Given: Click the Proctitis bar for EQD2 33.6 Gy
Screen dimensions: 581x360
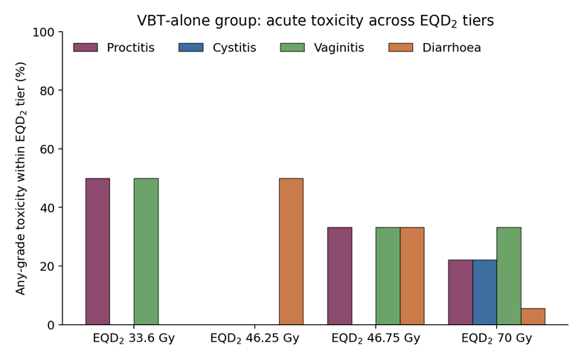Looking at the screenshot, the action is click(x=97, y=251).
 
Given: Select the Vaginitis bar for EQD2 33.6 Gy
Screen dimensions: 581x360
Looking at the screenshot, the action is click(x=146, y=251).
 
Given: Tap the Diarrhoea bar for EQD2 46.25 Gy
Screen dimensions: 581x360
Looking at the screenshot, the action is click(x=291, y=251).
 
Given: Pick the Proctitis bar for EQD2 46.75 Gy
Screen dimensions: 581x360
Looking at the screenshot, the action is click(x=340, y=276).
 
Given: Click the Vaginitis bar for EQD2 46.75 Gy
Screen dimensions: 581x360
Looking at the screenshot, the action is click(x=388, y=276).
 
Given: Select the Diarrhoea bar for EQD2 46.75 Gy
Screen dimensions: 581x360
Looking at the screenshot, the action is click(x=412, y=276).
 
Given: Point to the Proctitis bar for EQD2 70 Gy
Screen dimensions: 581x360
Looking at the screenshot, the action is click(x=460, y=292).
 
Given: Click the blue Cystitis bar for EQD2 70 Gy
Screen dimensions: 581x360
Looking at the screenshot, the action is click(x=484, y=292).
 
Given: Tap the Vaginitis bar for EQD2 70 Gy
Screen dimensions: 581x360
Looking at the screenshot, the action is click(x=509, y=276).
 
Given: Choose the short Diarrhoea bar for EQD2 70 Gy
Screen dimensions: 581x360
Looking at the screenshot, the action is click(x=533, y=317).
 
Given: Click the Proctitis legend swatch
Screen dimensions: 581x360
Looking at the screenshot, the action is click(x=86, y=48).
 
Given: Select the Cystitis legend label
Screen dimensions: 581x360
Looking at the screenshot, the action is click(x=234, y=48).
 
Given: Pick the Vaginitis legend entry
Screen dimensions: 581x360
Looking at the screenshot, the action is click(x=322, y=48).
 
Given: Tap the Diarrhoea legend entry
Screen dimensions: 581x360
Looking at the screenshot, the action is click(x=434, y=48).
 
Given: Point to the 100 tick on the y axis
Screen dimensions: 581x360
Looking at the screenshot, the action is click(x=60, y=32).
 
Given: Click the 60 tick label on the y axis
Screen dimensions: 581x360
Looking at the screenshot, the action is click(x=47, y=150).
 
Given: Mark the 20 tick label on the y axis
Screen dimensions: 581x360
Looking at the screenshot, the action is click(x=47, y=267).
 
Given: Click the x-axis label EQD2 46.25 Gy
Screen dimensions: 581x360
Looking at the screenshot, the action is click(x=254, y=338).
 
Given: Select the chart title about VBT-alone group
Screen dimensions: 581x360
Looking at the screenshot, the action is click(x=315, y=21).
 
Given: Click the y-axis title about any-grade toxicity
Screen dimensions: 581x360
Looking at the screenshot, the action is click(x=21, y=179).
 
